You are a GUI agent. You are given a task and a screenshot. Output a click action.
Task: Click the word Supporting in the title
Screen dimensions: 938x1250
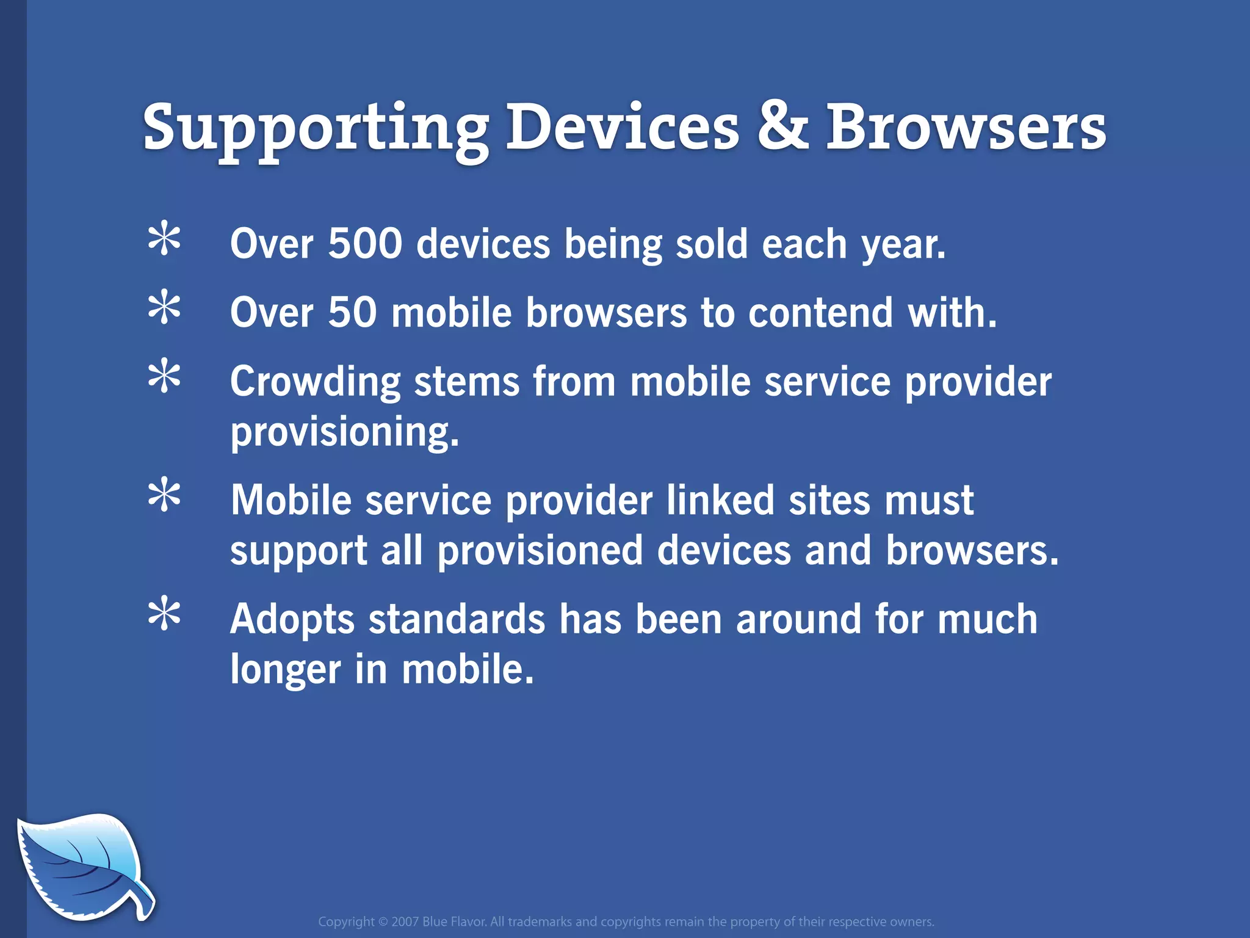315,128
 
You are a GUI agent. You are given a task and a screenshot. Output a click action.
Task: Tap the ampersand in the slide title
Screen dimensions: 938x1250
783,127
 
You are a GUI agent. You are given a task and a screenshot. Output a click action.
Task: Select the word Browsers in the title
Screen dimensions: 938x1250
966,127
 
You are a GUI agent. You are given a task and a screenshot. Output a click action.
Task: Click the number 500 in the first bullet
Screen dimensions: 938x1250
365,244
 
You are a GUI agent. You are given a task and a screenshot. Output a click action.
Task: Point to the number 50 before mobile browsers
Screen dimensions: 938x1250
352,313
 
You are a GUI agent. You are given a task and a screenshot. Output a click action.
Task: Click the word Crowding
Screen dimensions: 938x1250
315,382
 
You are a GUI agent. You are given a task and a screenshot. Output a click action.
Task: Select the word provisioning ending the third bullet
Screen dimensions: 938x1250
344,432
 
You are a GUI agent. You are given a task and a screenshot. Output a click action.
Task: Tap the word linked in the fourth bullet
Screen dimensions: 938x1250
720,501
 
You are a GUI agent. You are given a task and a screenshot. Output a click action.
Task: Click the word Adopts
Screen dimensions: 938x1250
292,620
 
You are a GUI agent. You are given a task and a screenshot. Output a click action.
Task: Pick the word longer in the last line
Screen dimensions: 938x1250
286,670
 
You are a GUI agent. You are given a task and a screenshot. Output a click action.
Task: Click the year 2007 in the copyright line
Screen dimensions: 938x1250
405,922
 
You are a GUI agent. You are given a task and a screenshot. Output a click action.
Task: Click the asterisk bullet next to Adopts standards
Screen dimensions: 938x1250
164,615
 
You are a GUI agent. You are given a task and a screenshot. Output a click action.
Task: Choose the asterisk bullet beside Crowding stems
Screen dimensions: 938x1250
164,377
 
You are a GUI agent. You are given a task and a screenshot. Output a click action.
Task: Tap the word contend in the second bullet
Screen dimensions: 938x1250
820,313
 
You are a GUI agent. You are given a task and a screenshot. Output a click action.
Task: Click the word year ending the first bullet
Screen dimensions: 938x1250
903,245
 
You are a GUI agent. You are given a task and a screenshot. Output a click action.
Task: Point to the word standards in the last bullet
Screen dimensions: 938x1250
457,620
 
